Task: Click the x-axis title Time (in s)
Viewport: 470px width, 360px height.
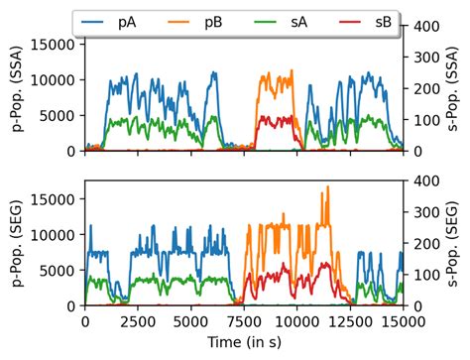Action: pos(244,343)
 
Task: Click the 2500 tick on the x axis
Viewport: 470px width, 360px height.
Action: pos(138,321)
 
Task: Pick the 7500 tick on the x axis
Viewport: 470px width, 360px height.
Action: pos(244,321)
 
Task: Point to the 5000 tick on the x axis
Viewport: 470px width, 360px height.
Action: pos(190,321)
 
